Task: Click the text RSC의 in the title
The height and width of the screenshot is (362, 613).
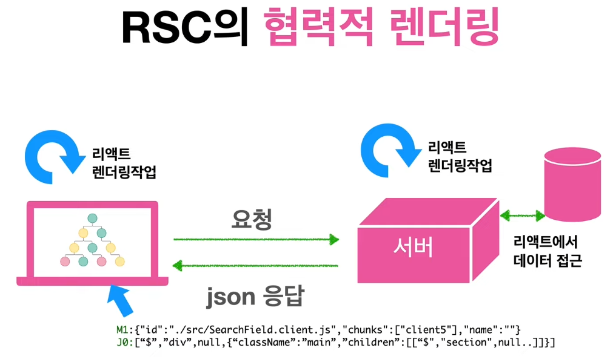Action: [x=184, y=28]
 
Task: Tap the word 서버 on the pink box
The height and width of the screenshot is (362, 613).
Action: [x=412, y=248]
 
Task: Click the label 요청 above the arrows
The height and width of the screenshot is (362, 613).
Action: [x=251, y=219]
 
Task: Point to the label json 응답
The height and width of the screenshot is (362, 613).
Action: [x=255, y=297]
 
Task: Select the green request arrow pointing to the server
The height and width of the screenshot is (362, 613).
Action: [x=255, y=240]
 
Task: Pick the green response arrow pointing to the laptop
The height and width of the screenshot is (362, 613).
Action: [x=255, y=265]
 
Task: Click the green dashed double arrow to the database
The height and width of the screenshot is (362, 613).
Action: [x=522, y=214]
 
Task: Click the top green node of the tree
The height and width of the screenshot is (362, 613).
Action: [x=92, y=218]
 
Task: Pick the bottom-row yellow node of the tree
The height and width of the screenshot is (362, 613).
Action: [x=119, y=262]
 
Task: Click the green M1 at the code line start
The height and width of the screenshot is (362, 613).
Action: [x=122, y=329]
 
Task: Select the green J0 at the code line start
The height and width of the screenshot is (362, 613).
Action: [x=122, y=343]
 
